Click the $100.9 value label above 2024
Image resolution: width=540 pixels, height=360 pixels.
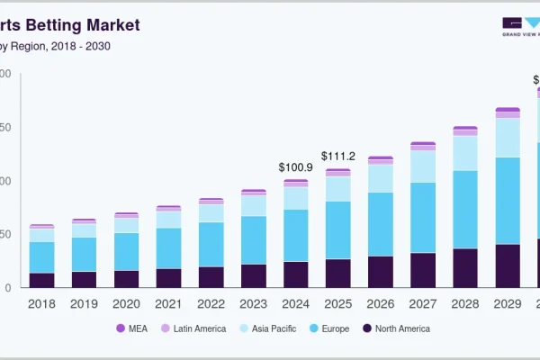coord(296,167)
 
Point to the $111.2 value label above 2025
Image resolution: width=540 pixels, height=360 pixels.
coord(338,156)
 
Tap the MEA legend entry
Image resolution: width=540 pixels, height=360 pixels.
coord(134,328)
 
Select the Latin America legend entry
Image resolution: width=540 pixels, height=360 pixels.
coord(193,328)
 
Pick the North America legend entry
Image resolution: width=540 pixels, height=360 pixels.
coord(395,328)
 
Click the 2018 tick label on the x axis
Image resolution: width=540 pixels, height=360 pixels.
coord(41,303)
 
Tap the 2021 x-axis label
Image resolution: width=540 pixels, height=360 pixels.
coord(168,303)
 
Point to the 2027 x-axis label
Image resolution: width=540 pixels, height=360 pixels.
coord(423,303)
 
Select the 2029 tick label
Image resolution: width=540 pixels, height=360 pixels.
coord(508,303)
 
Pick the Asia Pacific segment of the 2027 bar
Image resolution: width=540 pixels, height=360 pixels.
coord(423,166)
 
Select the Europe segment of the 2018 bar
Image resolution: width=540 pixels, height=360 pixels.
coord(41,257)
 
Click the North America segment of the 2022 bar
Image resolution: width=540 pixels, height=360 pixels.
coord(211,277)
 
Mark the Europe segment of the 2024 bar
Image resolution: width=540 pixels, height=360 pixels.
coord(296,236)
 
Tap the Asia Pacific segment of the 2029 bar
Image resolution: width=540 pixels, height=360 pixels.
coord(508,138)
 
